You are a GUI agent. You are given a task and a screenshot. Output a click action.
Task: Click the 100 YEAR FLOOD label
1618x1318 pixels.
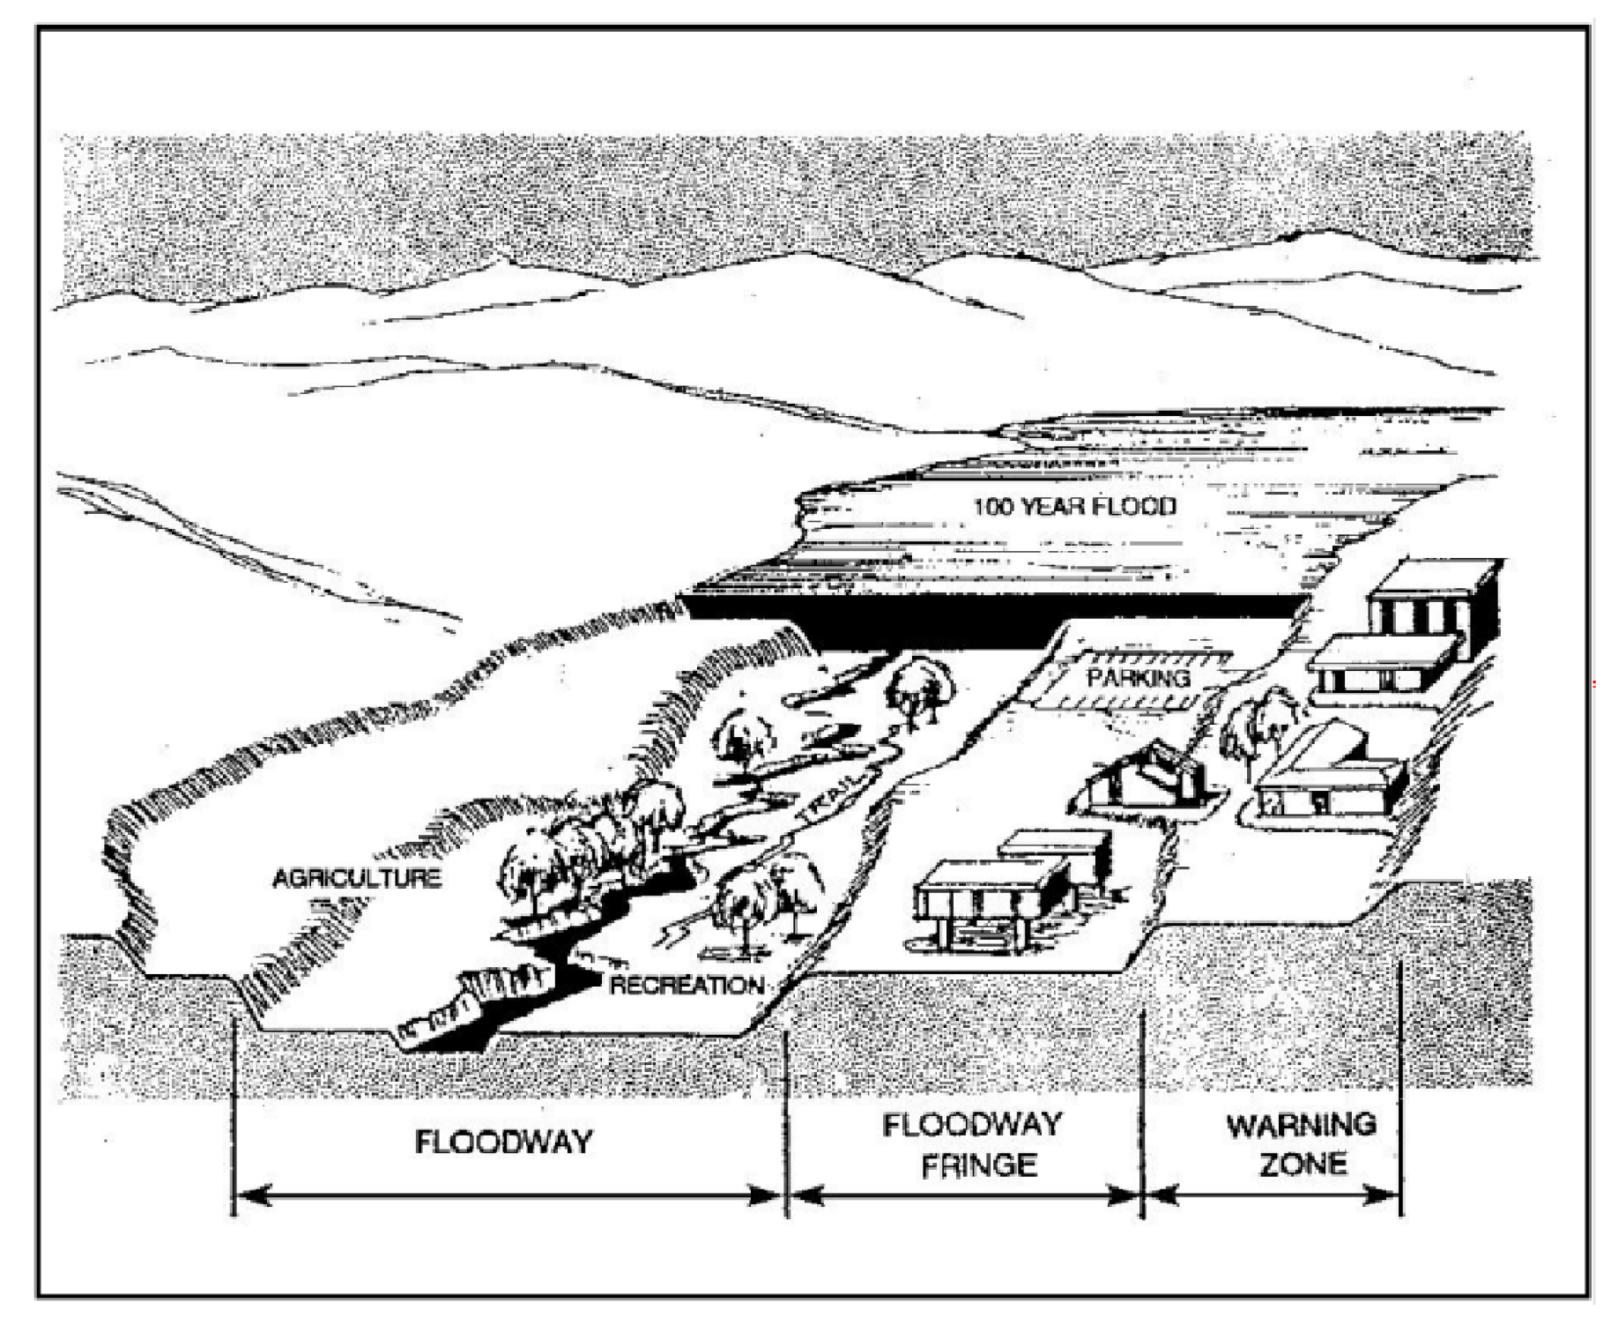[1073, 507]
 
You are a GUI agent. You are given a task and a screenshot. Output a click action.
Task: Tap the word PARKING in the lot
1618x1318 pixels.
[1138, 678]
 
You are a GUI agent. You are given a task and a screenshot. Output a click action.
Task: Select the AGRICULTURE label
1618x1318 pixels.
[357, 878]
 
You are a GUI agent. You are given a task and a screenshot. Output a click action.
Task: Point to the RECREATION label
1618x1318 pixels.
[687, 985]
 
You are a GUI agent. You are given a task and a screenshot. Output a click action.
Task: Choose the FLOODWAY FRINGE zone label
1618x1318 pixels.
[973, 1144]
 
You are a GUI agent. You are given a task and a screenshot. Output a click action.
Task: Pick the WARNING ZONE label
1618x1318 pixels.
[1302, 1144]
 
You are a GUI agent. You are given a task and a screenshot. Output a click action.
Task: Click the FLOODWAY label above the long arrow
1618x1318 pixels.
[504, 1142]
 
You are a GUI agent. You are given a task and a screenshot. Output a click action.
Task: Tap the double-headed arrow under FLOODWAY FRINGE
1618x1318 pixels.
[965, 1196]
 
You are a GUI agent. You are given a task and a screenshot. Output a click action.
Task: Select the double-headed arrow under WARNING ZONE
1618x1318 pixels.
[1274, 1196]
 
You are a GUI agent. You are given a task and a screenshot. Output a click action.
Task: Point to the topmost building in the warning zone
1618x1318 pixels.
[1432, 599]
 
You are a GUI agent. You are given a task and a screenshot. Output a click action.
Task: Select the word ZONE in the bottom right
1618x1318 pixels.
[1303, 1165]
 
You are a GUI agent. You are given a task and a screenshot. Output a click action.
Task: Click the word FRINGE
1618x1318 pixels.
[978, 1165]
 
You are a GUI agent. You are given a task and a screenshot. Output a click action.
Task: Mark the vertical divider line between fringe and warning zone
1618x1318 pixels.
[1143, 1111]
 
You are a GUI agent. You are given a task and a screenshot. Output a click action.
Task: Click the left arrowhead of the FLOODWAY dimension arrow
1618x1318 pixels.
[251, 1196]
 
